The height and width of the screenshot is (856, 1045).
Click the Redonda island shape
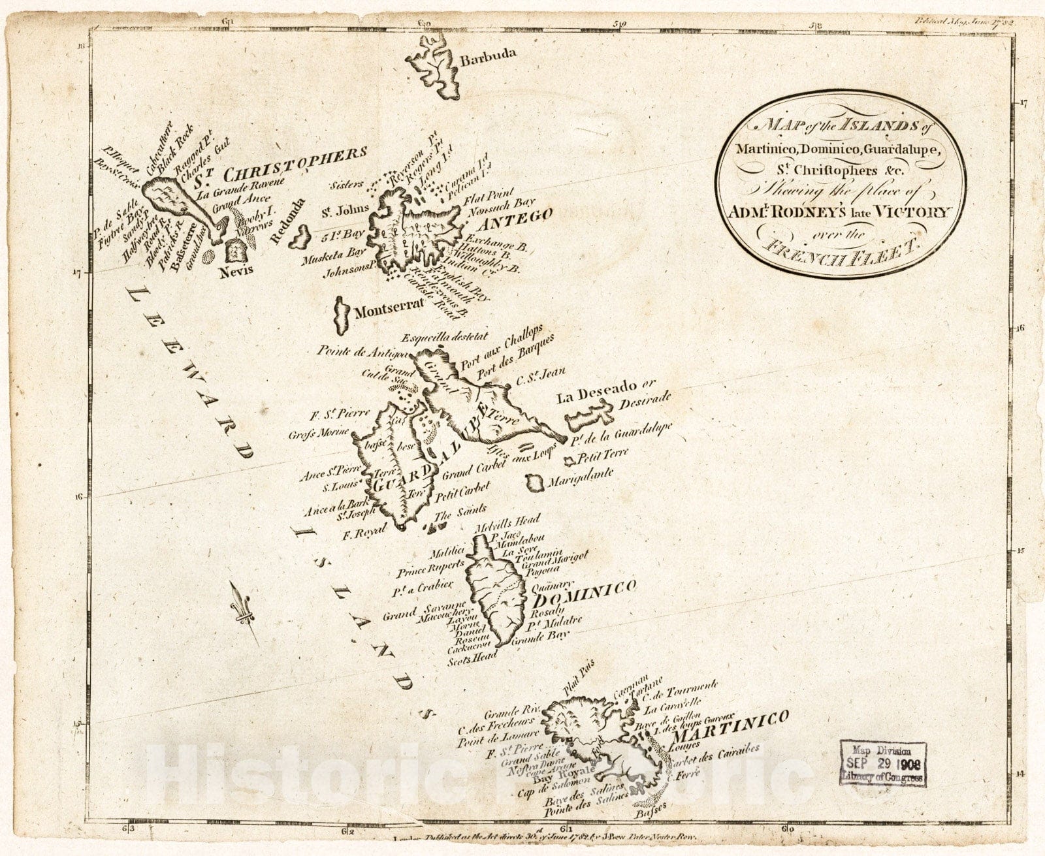point(301,238)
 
